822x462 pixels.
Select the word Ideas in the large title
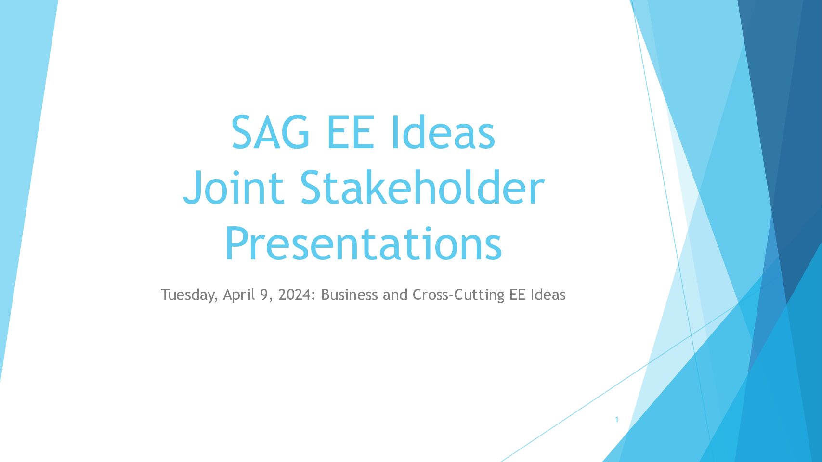pos(444,131)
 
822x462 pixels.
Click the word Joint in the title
pos(234,187)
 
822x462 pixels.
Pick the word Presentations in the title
pos(363,243)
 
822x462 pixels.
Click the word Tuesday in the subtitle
pos(189,295)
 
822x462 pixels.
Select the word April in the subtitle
pos(239,295)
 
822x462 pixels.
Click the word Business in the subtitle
pos(349,295)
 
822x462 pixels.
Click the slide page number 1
pos(617,420)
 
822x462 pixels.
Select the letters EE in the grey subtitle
pos(517,295)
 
